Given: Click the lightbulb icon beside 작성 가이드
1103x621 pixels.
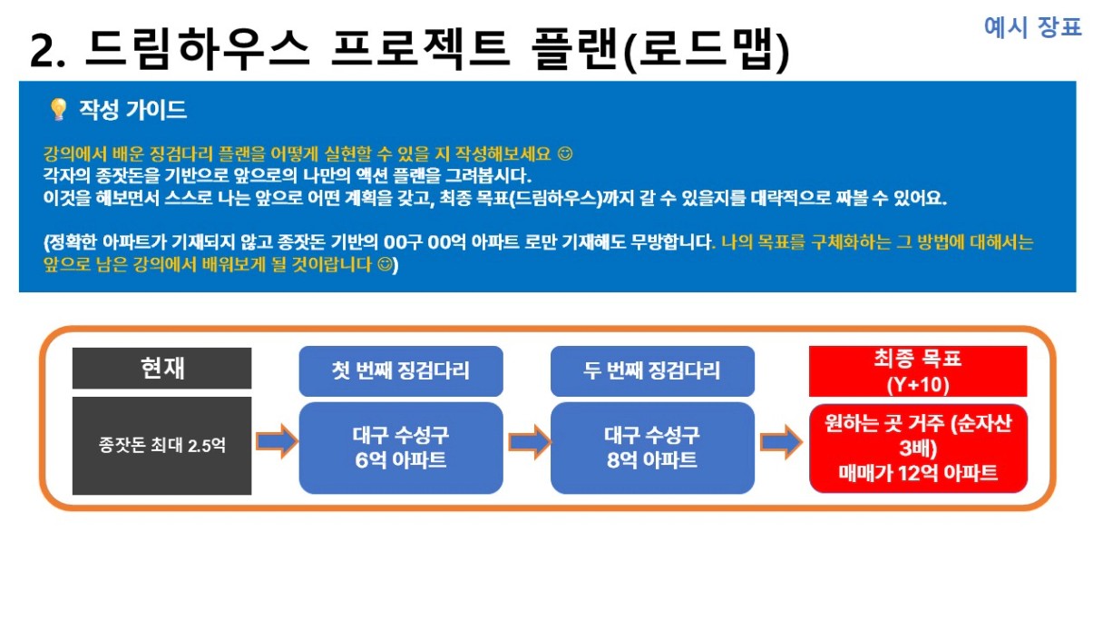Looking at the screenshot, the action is point(59,110).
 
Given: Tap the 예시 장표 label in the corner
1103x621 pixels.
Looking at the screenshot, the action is point(1032,26).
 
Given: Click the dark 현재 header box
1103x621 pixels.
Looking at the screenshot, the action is point(161,369).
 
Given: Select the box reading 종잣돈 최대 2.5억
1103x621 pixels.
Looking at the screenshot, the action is point(161,446).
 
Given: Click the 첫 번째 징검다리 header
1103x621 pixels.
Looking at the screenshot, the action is point(401,370).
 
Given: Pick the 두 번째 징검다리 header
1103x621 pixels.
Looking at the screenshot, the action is point(652,370).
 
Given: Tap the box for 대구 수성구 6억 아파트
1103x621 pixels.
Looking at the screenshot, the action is point(401,448).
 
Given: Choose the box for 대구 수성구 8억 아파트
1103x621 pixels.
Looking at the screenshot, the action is point(652,448).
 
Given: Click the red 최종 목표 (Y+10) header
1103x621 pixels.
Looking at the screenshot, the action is point(918,371).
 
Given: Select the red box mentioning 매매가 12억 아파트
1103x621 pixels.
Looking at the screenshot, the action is point(918,448).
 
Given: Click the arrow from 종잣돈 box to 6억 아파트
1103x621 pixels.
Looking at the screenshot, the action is point(277,441).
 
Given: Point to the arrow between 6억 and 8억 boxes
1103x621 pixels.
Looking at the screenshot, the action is point(530,442).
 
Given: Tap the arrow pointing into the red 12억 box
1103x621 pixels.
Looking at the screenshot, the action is point(782,442).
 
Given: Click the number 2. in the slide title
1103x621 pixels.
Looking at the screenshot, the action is point(47,51).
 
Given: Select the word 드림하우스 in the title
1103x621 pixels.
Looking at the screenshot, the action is point(197,49).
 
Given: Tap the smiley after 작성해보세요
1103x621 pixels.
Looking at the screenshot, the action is point(565,153).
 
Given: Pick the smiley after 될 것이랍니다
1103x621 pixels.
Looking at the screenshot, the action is point(385,265).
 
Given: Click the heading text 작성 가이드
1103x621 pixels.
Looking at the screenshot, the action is point(133,110).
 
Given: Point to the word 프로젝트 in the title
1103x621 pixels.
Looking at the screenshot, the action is point(420,49).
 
